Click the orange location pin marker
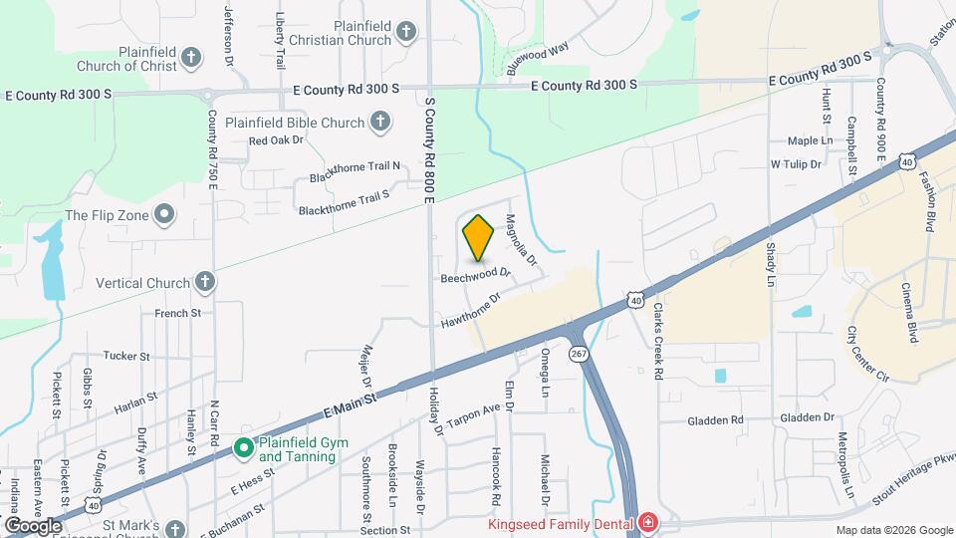(478, 237)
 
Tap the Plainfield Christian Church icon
(405, 32)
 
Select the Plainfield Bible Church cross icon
(378, 123)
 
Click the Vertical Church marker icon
(205, 283)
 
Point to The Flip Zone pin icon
(165, 214)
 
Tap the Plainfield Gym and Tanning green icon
(243, 448)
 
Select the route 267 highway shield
(580, 354)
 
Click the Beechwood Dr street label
(476, 274)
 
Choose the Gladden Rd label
(715, 420)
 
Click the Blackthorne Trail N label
(355, 171)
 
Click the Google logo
(32, 526)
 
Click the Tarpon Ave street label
(472, 413)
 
